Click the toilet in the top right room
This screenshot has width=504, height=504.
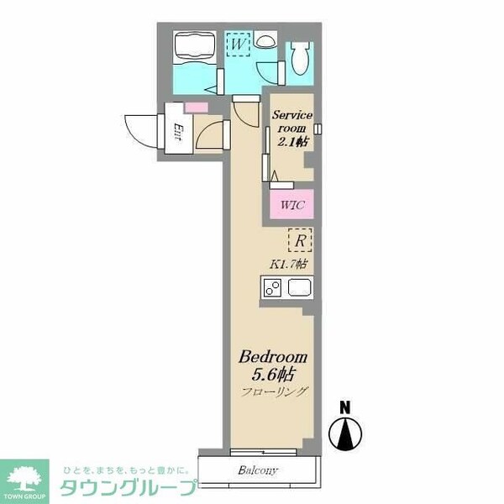tap(300, 58)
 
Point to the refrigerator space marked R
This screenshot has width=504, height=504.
tap(300, 241)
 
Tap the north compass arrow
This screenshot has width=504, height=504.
tap(344, 433)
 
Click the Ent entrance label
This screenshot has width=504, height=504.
tap(178, 131)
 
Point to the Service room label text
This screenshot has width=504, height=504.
tap(291, 122)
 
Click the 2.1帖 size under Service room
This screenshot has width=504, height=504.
tap(291, 142)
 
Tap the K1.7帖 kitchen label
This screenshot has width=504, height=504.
tap(287, 264)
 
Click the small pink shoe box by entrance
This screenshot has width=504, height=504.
tap(196, 108)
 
